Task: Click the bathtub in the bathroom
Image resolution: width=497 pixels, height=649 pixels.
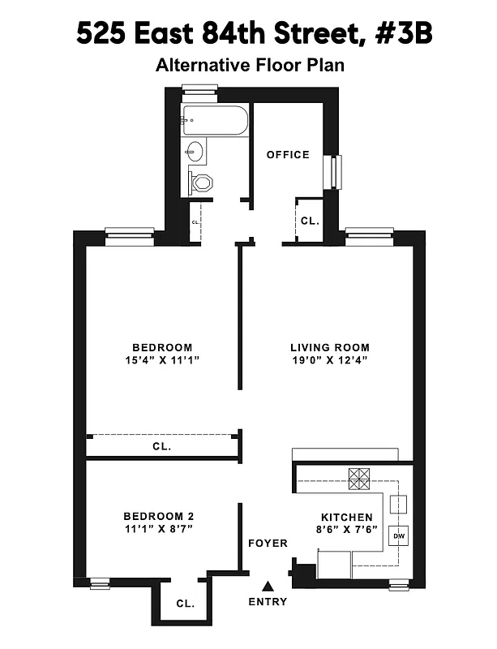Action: [214, 121]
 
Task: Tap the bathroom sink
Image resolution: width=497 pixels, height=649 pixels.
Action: [195, 151]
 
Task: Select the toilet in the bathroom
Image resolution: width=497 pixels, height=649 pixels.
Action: [199, 182]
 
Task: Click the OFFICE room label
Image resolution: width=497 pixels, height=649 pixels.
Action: [288, 154]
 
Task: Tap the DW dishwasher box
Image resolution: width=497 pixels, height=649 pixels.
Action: [399, 535]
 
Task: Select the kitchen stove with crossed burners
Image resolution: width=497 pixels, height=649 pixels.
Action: [358, 478]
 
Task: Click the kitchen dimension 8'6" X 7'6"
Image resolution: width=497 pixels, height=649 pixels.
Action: [346, 531]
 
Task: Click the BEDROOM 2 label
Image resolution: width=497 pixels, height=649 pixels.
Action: [158, 516]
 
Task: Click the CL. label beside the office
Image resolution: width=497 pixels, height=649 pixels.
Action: [310, 220]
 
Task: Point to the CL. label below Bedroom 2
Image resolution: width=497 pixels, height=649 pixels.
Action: [185, 604]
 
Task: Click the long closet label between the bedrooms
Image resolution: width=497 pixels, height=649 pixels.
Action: [161, 446]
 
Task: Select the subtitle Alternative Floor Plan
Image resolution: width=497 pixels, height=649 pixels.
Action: [250, 65]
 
